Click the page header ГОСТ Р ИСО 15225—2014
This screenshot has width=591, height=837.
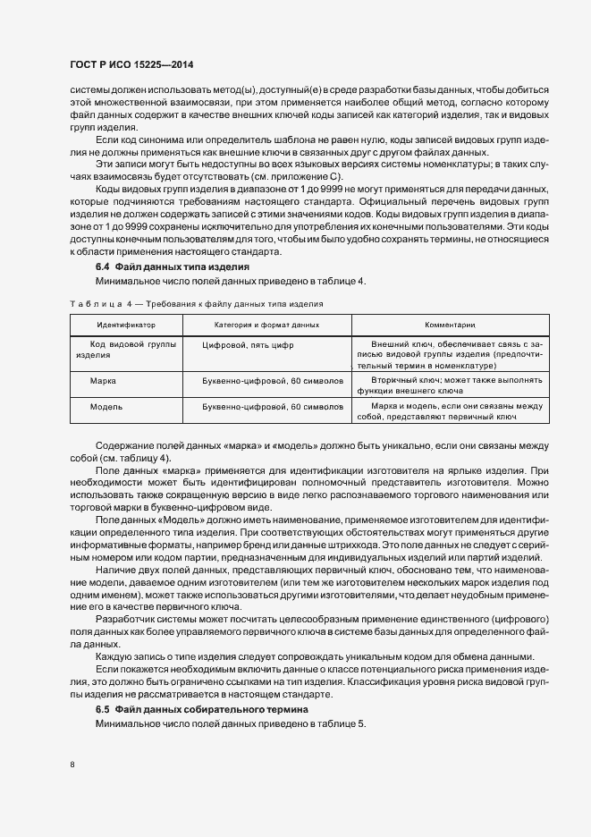131,66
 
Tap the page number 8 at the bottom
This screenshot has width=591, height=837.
72,765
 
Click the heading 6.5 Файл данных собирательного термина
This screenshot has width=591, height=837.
201,709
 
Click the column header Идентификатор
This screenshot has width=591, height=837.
126,325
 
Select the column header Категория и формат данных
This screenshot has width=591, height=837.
266,325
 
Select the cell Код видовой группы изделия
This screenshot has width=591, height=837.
126,349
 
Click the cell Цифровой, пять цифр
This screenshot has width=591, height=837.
248,343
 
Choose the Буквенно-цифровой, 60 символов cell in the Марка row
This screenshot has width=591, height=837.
273,381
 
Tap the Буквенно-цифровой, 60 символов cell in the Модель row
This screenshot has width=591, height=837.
273,407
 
